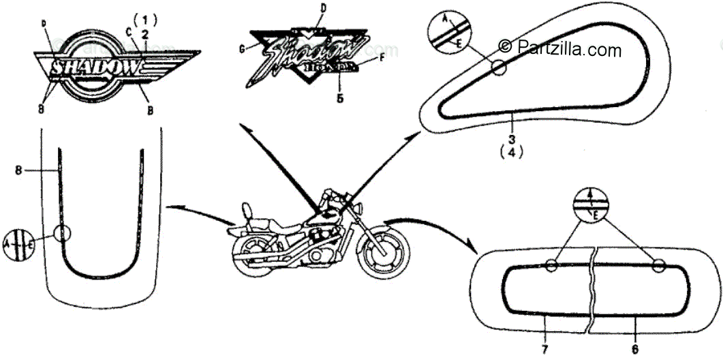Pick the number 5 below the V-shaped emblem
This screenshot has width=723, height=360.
click(x=339, y=97)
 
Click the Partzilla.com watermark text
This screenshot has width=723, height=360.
click(x=560, y=48)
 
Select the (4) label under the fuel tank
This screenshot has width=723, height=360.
click(x=512, y=153)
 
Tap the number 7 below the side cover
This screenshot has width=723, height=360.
click(x=544, y=349)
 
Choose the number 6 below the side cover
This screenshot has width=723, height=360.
click(x=634, y=349)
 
